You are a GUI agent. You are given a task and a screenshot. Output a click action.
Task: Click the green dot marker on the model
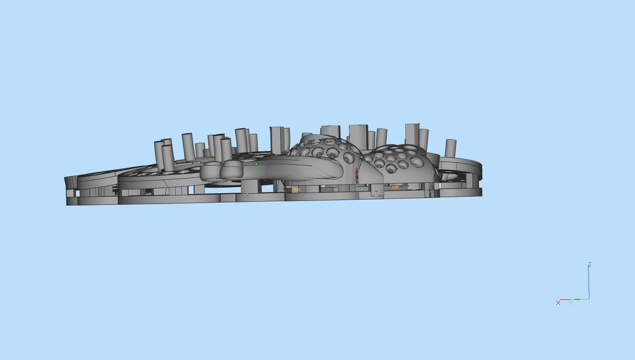pyautogui.click(x=256, y=164)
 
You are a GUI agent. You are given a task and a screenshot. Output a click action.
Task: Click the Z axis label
pyautogui.click(x=589, y=265)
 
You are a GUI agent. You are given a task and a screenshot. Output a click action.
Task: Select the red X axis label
pyautogui.click(x=558, y=303)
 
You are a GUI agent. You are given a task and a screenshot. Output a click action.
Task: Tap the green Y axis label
pyautogui.click(x=571, y=303)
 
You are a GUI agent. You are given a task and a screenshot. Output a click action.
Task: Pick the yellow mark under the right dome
pyautogui.click(x=395, y=187)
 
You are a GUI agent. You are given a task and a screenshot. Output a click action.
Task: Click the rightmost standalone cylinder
pyautogui.click(x=450, y=148)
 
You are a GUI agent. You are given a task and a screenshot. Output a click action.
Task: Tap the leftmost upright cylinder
pyautogui.click(x=158, y=156)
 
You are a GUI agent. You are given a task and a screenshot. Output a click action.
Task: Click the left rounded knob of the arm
pyautogui.click(x=210, y=170)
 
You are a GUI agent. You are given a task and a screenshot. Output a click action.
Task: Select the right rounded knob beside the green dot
pyautogui.click(x=232, y=169)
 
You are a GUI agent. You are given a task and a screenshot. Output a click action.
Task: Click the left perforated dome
pyautogui.click(x=326, y=149)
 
